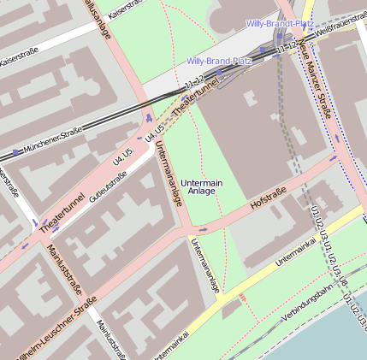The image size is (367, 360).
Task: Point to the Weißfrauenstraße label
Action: click(336, 30)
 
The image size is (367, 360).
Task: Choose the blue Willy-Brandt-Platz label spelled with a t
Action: click(281, 24)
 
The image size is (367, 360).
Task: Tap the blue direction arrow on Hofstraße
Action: click(203, 229)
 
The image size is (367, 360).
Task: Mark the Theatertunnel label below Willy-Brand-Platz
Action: click(195, 102)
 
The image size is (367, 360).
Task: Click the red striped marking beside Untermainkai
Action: click(243, 298)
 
